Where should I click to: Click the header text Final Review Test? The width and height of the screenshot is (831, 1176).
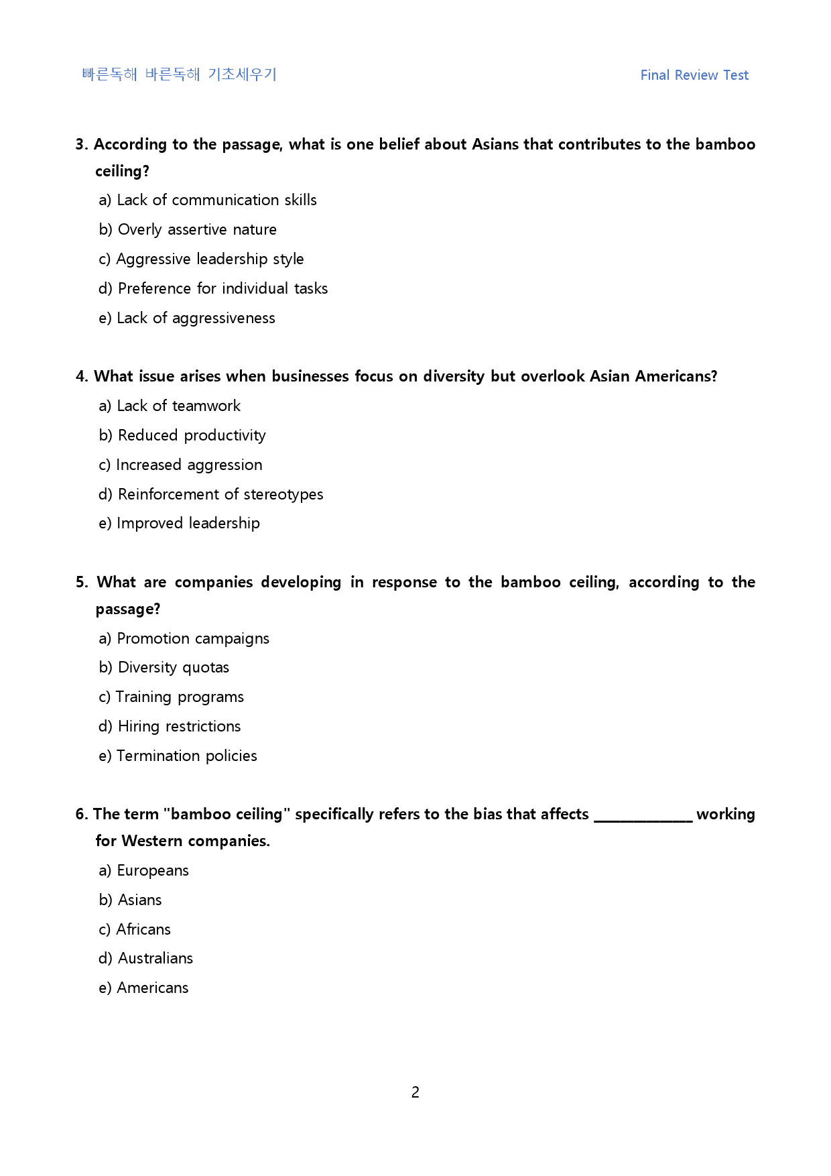tap(694, 75)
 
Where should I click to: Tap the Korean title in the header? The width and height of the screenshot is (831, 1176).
tap(179, 74)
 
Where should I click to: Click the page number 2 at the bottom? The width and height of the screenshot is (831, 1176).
tap(415, 1092)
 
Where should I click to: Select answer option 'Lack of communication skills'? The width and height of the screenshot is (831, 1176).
tap(208, 200)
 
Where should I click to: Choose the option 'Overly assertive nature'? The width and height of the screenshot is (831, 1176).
tap(188, 229)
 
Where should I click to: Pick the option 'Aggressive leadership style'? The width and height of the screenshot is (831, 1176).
tap(201, 259)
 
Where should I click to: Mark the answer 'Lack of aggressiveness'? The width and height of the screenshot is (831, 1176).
tap(187, 318)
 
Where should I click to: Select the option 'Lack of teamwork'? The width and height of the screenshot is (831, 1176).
tap(170, 406)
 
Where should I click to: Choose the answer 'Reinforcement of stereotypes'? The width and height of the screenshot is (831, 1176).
tap(211, 494)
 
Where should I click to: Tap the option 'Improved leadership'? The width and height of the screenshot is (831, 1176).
tap(179, 523)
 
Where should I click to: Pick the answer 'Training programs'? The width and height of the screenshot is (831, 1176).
tap(172, 697)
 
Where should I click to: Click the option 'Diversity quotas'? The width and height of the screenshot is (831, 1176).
tap(164, 667)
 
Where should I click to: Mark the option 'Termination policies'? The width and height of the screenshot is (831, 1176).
tap(178, 756)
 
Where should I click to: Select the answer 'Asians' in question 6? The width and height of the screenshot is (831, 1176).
tap(131, 900)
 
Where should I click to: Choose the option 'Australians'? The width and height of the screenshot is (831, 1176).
tap(146, 958)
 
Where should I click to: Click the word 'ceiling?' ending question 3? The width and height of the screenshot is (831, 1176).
tap(122, 172)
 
